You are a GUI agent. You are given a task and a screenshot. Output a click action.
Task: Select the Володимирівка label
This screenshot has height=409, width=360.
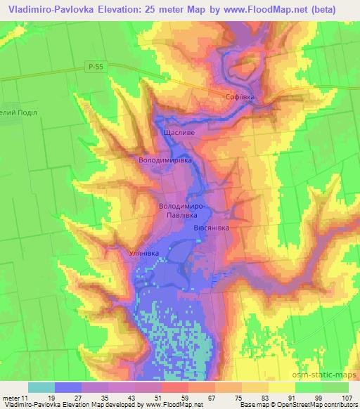click(x=165, y=160)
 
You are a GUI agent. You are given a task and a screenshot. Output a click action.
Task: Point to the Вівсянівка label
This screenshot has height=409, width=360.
click(x=211, y=228)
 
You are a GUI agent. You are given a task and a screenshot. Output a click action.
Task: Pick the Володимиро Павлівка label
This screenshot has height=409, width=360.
click(x=181, y=212)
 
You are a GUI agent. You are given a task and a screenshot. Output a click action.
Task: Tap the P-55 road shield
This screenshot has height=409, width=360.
click(x=99, y=66)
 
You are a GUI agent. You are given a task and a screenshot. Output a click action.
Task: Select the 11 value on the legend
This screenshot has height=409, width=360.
click(x=26, y=398)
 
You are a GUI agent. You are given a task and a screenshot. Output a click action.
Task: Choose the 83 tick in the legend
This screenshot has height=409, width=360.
click(x=263, y=398)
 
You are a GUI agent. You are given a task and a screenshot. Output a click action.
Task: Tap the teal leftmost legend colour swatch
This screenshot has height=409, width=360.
click(x=41, y=388)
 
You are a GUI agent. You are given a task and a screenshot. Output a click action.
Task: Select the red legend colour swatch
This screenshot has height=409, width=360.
click(x=175, y=388)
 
